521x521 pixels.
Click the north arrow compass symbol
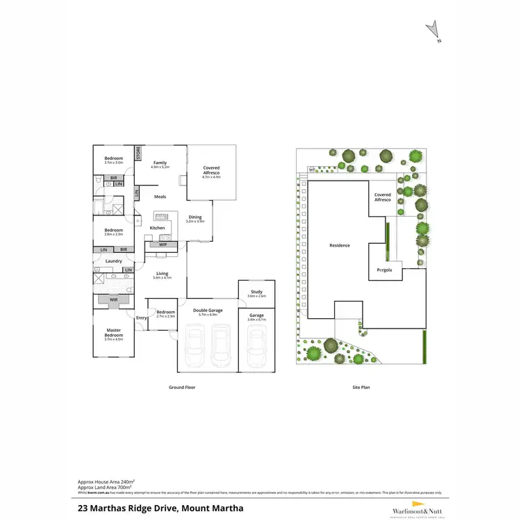433,29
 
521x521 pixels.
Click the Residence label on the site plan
340,245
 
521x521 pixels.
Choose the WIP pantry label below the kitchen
163,245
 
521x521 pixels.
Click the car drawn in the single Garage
256,345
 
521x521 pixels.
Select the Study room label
256,292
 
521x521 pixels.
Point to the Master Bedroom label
113,333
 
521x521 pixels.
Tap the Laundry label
114,261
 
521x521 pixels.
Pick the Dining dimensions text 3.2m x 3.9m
195,222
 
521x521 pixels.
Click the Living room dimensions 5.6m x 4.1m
162,278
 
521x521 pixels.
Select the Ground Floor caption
183,387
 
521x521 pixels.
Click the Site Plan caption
360,387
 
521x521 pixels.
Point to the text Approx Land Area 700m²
105,486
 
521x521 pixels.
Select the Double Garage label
208,311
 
